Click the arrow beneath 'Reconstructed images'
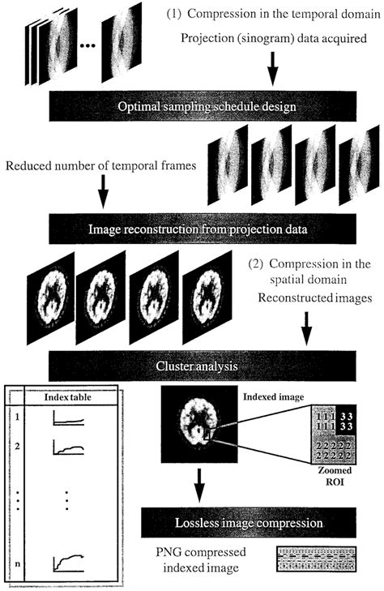(x=333, y=332)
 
